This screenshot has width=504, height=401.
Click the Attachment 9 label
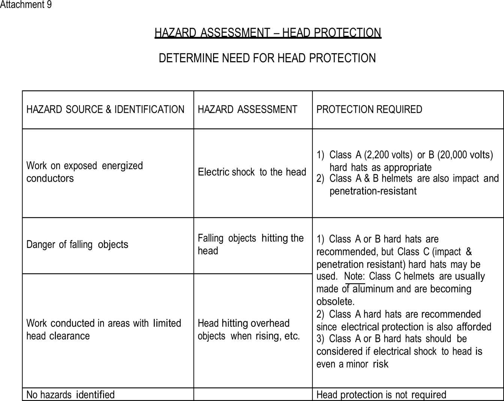pos(25,5)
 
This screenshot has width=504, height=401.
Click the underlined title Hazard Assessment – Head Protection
pos(268,33)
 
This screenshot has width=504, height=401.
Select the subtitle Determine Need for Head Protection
pos(267,59)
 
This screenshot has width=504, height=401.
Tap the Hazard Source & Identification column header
pos(105,110)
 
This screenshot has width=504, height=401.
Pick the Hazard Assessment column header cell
pos(247,110)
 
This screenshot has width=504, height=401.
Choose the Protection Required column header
pos(369,110)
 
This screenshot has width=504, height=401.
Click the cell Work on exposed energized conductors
pos(84,172)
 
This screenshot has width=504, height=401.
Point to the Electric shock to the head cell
pos(252,172)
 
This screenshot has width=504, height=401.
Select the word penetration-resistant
pos(373,191)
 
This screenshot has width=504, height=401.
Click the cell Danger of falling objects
pos(77,245)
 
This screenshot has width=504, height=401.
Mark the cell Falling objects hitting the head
pos(250,244)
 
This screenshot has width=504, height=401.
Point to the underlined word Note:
pos(354,276)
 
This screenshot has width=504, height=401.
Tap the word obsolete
pos(335,302)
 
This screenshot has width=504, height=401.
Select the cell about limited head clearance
pos(103,329)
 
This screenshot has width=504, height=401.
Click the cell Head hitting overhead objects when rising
pos(249,329)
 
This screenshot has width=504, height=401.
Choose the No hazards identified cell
pos(70,395)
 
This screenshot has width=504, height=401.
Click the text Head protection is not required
pos(381,395)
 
